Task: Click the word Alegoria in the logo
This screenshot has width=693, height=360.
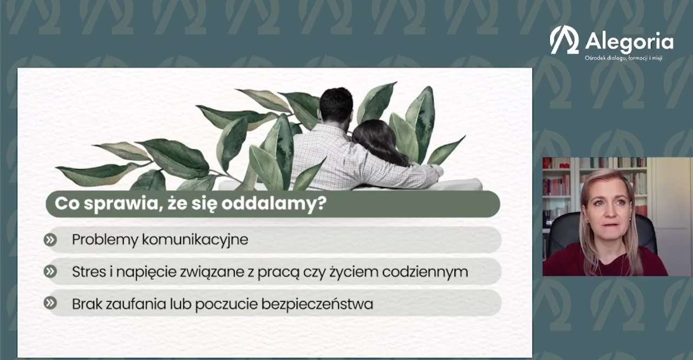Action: click(x=629, y=42)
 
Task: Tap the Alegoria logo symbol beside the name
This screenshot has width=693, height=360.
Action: click(x=564, y=40)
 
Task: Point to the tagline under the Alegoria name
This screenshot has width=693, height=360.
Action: click(x=623, y=58)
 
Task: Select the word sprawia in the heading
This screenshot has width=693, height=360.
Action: click(x=123, y=205)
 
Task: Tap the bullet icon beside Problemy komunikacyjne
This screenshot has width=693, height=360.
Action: click(x=50, y=240)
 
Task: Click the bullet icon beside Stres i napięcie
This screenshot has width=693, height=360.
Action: click(x=50, y=272)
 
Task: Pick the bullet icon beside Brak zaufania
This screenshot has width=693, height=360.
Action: click(x=50, y=303)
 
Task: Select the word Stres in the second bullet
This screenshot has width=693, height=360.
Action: click(x=88, y=272)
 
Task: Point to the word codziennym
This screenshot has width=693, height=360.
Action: click(x=425, y=272)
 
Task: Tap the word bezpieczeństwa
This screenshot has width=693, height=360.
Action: click(x=317, y=304)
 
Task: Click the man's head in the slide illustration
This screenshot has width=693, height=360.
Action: click(x=336, y=105)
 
